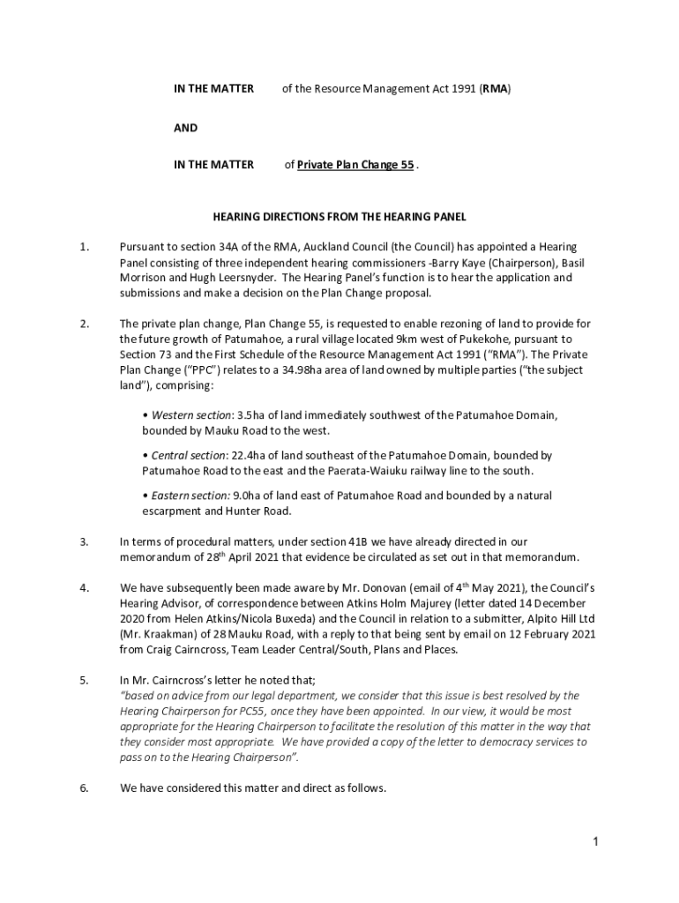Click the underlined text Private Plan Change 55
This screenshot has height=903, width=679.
point(355,165)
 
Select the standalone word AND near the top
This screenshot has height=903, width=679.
point(185,128)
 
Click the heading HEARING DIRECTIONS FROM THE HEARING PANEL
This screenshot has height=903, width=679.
point(339,216)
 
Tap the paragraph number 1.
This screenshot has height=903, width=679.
point(84,248)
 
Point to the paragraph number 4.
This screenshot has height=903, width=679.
point(84,587)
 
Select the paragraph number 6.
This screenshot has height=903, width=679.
point(84,788)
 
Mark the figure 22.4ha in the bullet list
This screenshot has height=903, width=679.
point(248,456)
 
